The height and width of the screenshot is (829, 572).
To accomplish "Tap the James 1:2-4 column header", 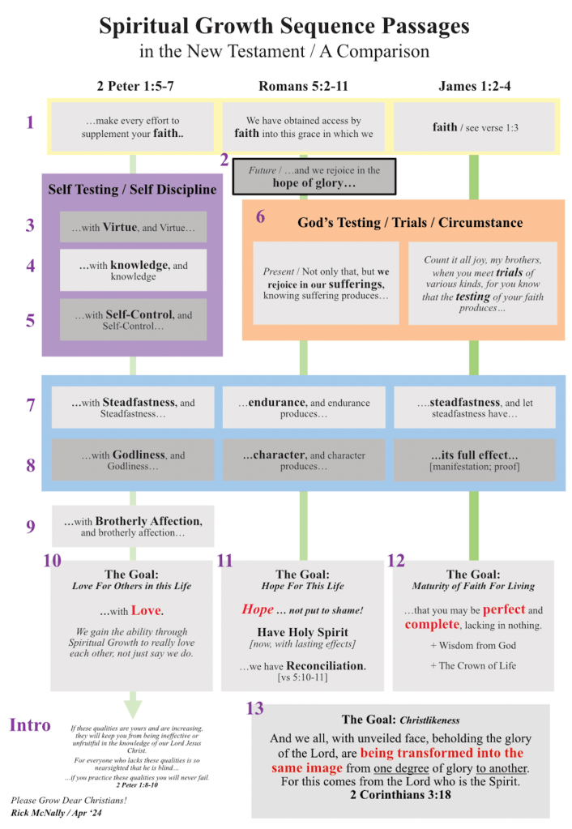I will click(474, 86).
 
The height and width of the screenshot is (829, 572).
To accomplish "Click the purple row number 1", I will click(30, 122).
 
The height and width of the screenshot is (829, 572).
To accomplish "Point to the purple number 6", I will click(260, 216).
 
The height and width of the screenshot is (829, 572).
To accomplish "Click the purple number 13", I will click(254, 709).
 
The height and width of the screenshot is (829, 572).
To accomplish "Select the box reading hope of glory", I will click(314, 177).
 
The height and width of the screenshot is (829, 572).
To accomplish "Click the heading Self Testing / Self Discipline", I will click(132, 190).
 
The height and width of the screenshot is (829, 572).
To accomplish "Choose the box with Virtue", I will click(133, 228).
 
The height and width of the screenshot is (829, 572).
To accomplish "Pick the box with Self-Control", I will click(133, 319).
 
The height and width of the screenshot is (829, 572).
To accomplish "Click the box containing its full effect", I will click(475, 459).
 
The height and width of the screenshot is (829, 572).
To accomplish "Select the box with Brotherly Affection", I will click(133, 526).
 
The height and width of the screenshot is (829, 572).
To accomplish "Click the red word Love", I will click(146, 610).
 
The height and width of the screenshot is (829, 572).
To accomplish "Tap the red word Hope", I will click(258, 609).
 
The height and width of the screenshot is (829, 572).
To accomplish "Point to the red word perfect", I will click(504, 609).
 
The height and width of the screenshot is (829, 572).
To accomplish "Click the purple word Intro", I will click(30, 724).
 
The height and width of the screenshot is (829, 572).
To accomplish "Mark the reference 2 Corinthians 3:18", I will click(400, 795).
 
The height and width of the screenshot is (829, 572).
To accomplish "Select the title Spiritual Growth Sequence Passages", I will click(284, 26).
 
